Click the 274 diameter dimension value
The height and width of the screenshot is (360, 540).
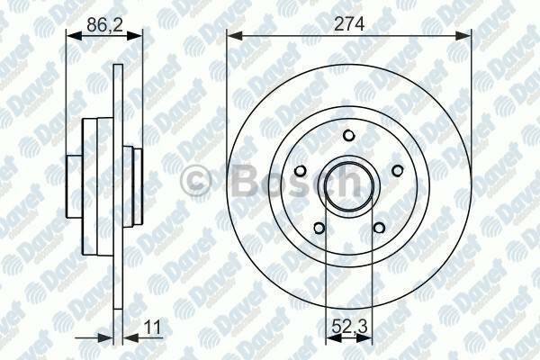[x=349, y=25]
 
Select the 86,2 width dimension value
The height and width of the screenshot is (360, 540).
[x=103, y=25]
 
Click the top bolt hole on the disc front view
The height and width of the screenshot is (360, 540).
[x=349, y=135]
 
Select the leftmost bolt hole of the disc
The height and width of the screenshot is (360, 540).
[x=302, y=170]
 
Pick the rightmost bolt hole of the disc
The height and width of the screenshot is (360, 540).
[x=396, y=170]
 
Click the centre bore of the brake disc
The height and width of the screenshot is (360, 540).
[x=349, y=184]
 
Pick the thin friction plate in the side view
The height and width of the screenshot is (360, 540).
[x=117, y=189]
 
